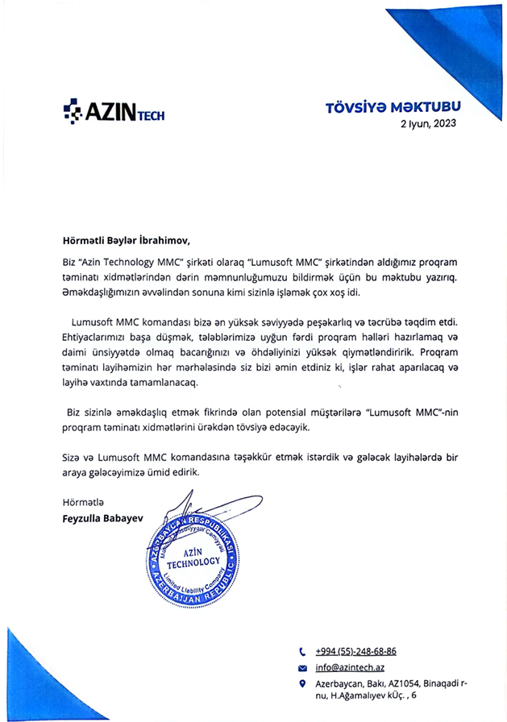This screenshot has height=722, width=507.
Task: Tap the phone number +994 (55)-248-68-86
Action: (355, 651)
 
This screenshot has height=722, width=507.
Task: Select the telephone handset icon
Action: (302, 651)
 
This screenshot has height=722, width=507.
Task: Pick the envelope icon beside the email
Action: (302, 669)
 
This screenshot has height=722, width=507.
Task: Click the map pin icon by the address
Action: (302, 684)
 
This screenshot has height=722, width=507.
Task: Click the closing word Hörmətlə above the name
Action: (84, 504)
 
